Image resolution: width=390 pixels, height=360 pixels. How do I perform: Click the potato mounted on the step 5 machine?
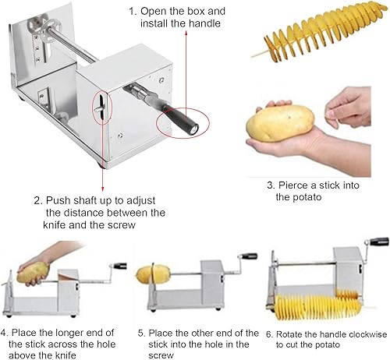153,274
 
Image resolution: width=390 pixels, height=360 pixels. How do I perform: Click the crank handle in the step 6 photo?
378,242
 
